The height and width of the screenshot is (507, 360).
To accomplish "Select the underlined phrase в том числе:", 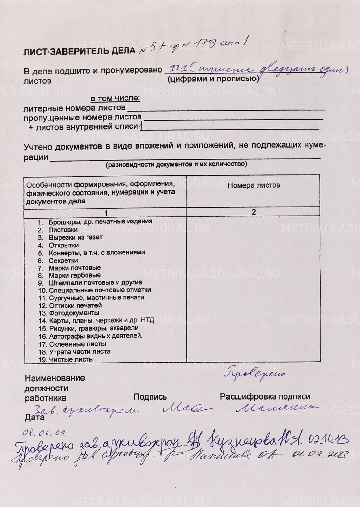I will click(x=115, y=99).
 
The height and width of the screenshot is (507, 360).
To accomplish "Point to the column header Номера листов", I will click(x=254, y=185).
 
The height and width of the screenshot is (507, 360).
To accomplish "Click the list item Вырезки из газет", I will click(x=75, y=237).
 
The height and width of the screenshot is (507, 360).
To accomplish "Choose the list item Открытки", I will click(x=64, y=245).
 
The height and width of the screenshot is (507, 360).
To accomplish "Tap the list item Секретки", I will click(x=63, y=261).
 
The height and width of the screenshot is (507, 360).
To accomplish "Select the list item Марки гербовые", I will click(x=75, y=275).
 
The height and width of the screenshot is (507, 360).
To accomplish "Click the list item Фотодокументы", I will click(x=74, y=313).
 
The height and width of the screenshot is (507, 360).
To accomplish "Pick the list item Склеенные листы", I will click(x=77, y=344).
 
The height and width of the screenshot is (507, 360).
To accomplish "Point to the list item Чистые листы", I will click(x=71, y=359).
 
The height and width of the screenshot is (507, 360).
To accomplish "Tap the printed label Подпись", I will click(x=150, y=397).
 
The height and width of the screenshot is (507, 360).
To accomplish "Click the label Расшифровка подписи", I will click(x=265, y=396).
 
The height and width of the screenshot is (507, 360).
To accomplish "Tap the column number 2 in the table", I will click(x=254, y=212).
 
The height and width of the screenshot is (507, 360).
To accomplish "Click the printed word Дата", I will click(x=35, y=418).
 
